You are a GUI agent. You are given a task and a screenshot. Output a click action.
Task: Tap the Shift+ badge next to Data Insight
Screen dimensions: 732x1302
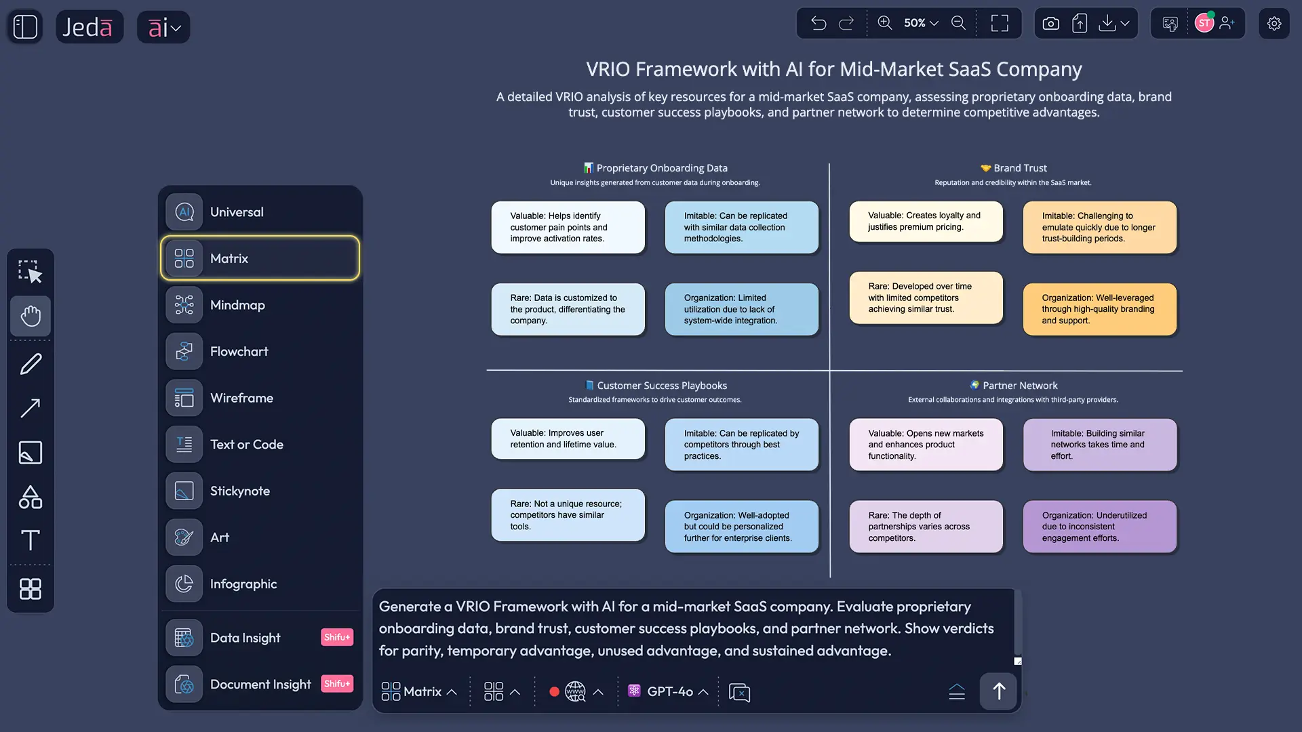pyautogui.click(x=336, y=637)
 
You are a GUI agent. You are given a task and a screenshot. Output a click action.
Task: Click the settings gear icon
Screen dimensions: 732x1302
pyautogui.click(x=1274, y=24)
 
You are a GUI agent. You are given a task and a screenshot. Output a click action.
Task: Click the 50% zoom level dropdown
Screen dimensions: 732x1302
pyautogui.click(x=920, y=23)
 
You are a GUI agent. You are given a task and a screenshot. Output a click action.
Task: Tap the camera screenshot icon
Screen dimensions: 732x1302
pyautogui.click(x=1050, y=24)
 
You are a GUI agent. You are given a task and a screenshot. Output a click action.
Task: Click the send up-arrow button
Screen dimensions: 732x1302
pyautogui.click(x=998, y=691)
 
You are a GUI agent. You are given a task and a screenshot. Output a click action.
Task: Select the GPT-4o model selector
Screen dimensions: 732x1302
pyautogui.click(x=668, y=691)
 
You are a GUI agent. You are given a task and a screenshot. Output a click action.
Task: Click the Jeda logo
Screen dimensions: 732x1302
pyautogui.click(x=89, y=27)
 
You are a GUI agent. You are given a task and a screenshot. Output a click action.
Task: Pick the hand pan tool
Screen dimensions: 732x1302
pyautogui.click(x=31, y=316)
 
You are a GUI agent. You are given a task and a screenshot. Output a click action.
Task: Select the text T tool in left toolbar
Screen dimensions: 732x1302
pyautogui.click(x=31, y=540)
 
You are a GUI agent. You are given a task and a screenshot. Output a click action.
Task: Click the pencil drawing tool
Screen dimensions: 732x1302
pyautogui.click(x=31, y=364)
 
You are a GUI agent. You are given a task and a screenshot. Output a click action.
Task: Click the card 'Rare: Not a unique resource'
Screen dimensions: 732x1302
pyautogui.click(x=568, y=515)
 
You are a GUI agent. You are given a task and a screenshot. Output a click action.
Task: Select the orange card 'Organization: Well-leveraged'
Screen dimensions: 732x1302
pyautogui.click(x=1099, y=309)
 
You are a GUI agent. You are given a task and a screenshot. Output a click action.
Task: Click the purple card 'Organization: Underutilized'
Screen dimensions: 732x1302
pyautogui.click(x=1099, y=527)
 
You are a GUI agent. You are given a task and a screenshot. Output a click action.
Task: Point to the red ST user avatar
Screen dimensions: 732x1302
pyautogui.click(x=1204, y=24)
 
